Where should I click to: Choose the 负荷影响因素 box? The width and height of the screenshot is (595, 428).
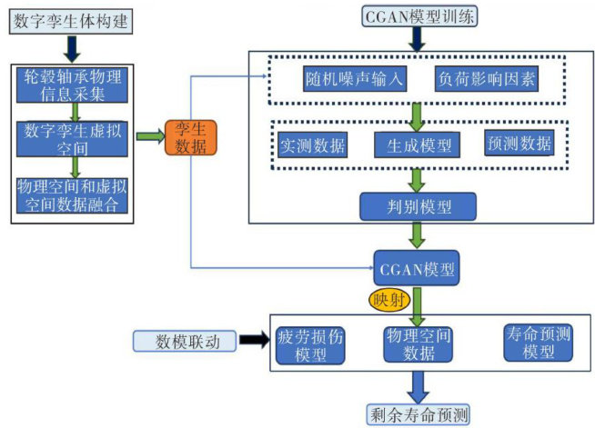(487, 79)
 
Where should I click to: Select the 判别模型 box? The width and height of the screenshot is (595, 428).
(419, 205)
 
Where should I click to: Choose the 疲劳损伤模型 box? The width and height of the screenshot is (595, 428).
(311, 344)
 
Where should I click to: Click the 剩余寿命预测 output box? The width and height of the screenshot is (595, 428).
(419, 413)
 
